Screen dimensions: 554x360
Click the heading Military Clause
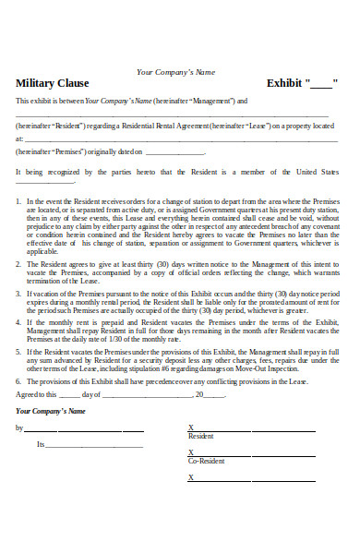click(52, 83)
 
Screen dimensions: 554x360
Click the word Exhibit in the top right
click(285, 83)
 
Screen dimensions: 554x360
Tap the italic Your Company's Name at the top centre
click(175, 71)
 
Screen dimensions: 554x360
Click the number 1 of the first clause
click(18, 201)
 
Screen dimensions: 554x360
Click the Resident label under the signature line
click(201, 436)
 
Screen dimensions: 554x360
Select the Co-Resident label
click(207, 460)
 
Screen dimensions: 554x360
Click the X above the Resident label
click(191, 428)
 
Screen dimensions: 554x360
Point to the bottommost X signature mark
click(191, 477)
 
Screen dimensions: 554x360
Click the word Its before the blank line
click(40, 444)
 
